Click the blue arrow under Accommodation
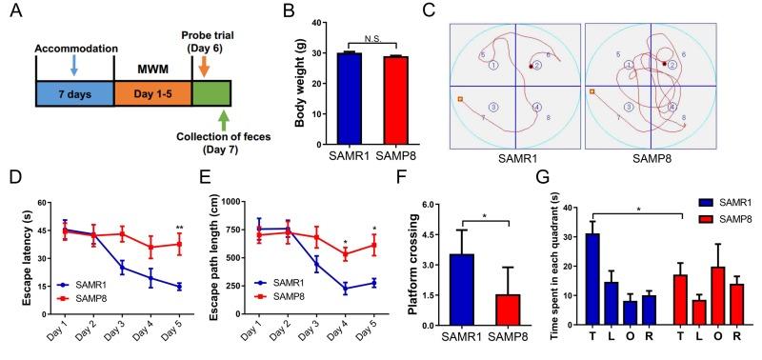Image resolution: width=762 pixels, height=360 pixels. coord(75,66)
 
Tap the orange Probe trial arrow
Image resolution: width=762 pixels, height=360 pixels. coord(204,65)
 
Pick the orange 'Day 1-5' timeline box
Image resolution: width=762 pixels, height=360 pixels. coord(152,93)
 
